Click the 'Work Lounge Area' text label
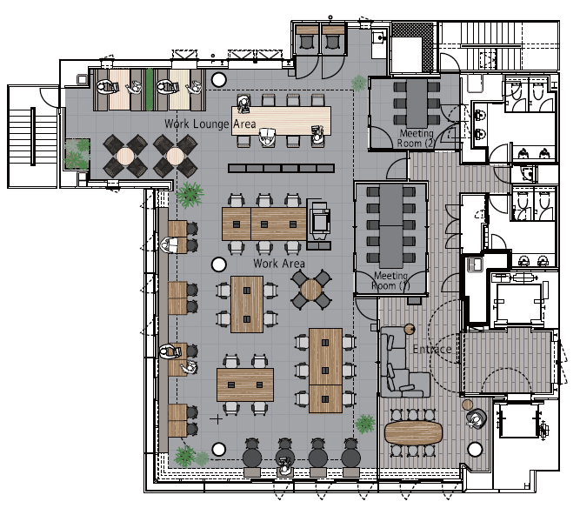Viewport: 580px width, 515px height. point(210,124)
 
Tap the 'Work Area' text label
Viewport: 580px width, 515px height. point(279,264)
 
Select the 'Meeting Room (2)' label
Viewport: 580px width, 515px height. point(417,138)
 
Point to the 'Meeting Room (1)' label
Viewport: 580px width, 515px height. point(390,280)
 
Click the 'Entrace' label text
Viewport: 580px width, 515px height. point(432,349)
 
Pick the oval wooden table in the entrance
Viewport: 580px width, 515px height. point(413,432)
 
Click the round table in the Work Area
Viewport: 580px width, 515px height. point(310,290)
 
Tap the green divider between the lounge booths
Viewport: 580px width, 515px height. point(150,90)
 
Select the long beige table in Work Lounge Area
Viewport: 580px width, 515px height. point(281,121)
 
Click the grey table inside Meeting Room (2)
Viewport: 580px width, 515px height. point(417,104)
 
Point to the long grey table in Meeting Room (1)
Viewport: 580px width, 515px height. point(391,225)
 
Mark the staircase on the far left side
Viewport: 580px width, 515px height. point(32,137)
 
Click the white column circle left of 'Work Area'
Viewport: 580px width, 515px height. point(218,264)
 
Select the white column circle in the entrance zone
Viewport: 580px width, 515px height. point(475,450)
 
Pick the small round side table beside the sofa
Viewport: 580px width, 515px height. point(410,329)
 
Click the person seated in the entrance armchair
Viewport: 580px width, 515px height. point(476,419)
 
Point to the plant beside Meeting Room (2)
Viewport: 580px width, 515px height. point(358,83)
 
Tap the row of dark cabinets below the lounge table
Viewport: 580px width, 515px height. point(282,169)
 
